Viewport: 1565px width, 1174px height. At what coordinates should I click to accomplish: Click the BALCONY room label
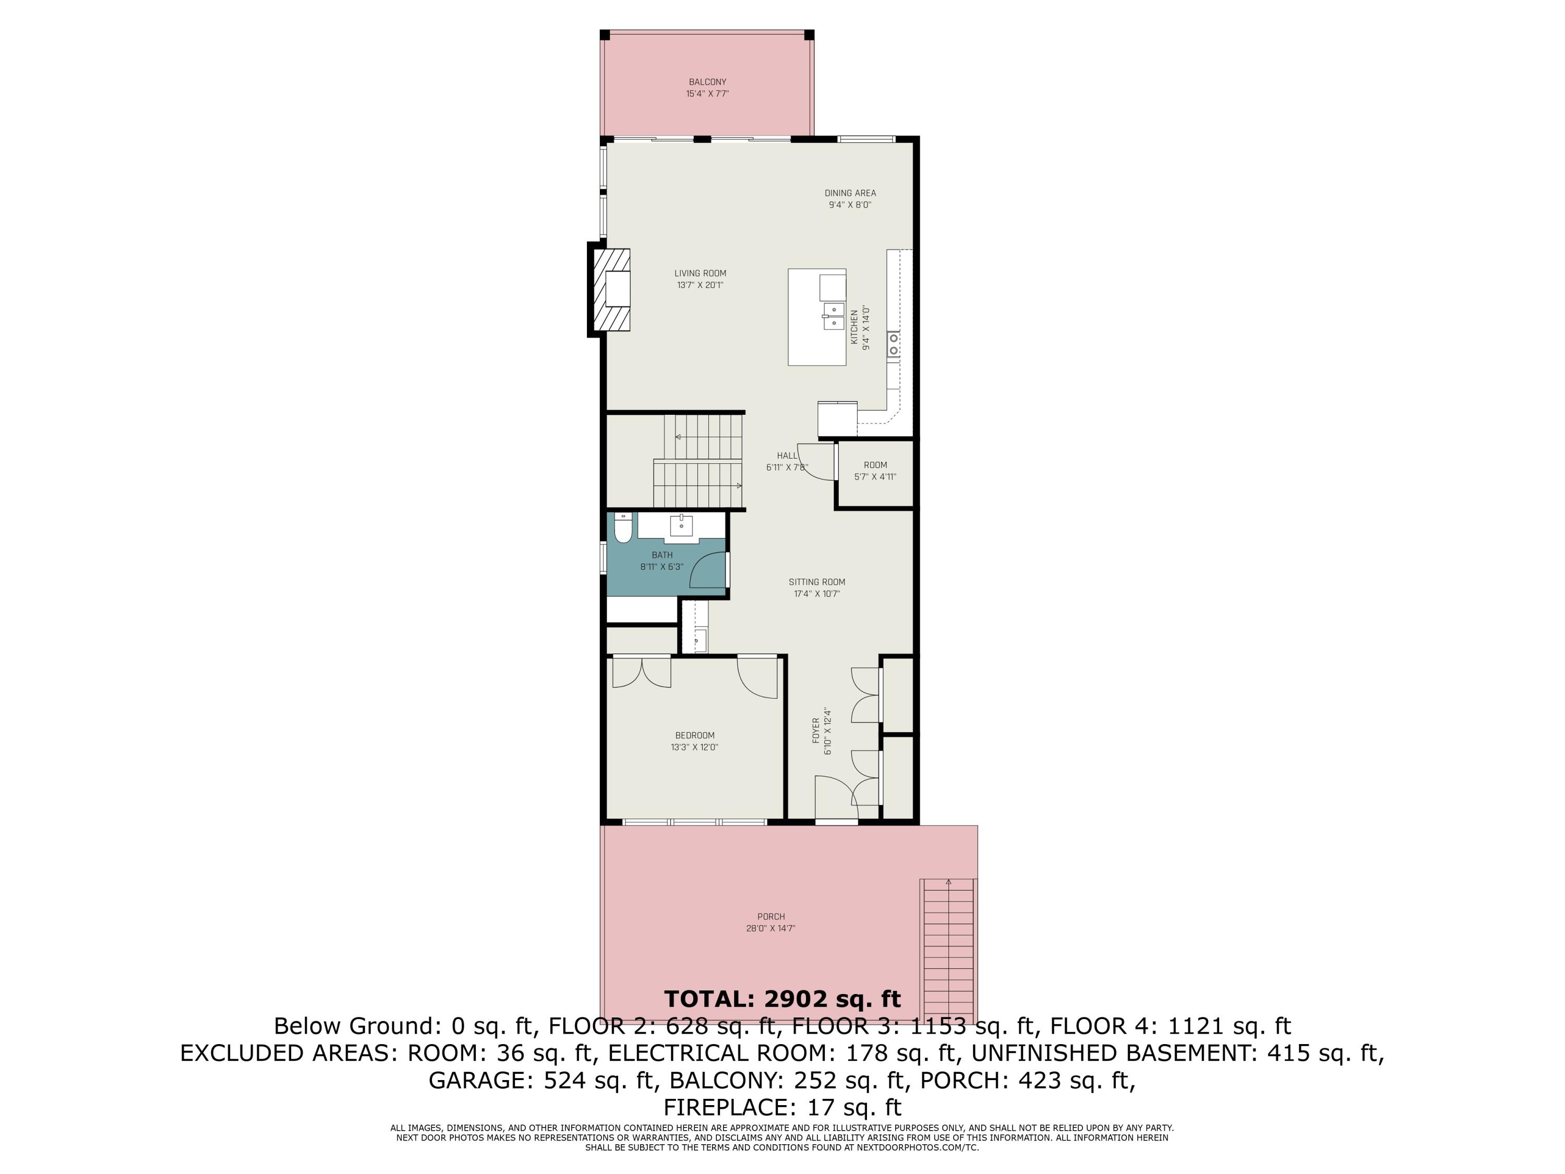[x=707, y=82]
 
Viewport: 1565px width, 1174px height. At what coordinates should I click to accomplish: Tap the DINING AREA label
[x=850, y=193]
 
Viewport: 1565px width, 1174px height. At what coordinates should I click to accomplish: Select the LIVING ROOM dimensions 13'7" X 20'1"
[x=700, y=285]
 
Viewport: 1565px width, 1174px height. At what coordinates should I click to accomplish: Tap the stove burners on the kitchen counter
[x=894, y=344]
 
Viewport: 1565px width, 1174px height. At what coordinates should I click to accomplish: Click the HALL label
[x=787, y=456]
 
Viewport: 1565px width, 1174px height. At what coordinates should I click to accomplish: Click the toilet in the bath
[x=622, y=529]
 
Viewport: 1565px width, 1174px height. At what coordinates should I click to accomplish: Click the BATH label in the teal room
[x=662, y=555]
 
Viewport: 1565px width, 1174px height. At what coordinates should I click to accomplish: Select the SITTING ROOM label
[x=816, y=582]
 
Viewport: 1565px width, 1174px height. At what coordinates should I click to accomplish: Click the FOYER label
[x=815, y=730]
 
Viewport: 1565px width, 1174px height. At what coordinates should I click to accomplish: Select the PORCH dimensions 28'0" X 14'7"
[x=771, y=928]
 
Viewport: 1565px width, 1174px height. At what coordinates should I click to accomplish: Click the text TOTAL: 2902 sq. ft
[x=782, y=999]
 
